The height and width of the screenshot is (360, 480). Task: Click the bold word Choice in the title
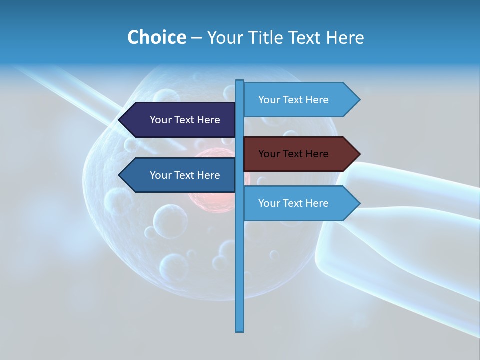156,37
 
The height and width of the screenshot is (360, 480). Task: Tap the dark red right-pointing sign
300,154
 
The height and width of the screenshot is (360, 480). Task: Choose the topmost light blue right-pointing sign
300,100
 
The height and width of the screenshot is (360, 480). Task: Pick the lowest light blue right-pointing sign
300,203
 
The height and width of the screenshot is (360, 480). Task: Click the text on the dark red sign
293,154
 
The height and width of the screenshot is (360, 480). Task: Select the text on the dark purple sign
185,120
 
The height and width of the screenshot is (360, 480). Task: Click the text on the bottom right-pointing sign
293,203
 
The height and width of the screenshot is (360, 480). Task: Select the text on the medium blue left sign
185,175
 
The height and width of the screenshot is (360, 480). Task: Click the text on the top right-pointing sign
293,100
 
